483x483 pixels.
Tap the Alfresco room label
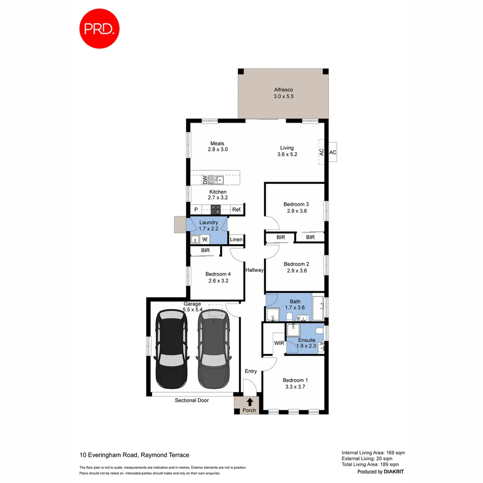pyautogui.click(x=284, y=90)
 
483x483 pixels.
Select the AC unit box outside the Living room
pyautogui.click(x=332, y=153)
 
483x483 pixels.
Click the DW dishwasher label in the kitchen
pyautogui.click(x=205, y=180)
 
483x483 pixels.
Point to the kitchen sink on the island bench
pyautogui.click(x=218, y=180)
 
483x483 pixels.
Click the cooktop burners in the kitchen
pyautogui.click(x=216, y=209)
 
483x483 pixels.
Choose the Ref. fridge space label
pyautogui.click(x=237, y=209)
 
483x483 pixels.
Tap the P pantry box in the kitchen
pyautogui.click(x=196, y=209)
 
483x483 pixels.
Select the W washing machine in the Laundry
pyautogui.click(x=204, y=239)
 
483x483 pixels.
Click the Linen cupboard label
pyautogui.click(x=236, y=240)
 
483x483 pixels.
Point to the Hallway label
pyautogui.click(x=254, y=270)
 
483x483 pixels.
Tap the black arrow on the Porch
pyautogui.click(x=250, y=402)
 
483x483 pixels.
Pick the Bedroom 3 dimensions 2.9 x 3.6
pyautogui.click(x=295, y=211)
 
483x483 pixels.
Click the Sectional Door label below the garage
pyautogui.click(x=191, y=400)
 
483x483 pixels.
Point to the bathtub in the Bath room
pyautogui.click(x=318, y=308)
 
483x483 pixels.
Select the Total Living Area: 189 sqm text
pyautogui.click(x=373, y=464)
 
